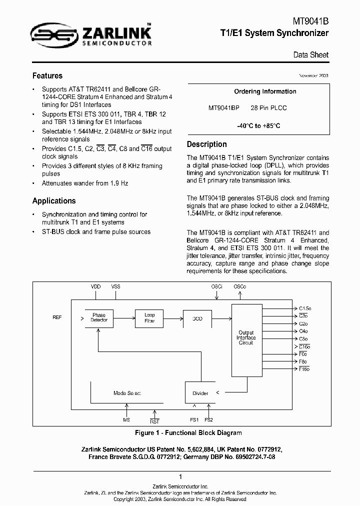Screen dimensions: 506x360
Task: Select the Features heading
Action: [47, 76]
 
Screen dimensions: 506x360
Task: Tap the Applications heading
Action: [54, 201]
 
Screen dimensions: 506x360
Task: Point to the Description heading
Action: [206, 144]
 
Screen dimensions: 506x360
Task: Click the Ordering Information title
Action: [265, 91]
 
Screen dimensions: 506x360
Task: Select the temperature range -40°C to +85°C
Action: [258, 126]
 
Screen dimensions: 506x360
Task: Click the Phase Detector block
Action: [99, 318]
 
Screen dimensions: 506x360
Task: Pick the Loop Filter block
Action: [149, 318]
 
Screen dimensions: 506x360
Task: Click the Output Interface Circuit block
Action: [246, 337]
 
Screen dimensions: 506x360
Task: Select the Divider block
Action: [200, 393]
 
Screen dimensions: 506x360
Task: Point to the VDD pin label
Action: [95, 286]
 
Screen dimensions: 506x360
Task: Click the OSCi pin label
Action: [216, 286]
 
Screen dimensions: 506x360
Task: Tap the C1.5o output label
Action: [304, 308]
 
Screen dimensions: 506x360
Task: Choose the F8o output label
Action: [303, 361]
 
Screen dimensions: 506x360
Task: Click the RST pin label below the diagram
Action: [154, 421]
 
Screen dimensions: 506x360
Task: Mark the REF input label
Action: [57, 318]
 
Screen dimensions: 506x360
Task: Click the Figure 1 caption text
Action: [188, 433]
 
